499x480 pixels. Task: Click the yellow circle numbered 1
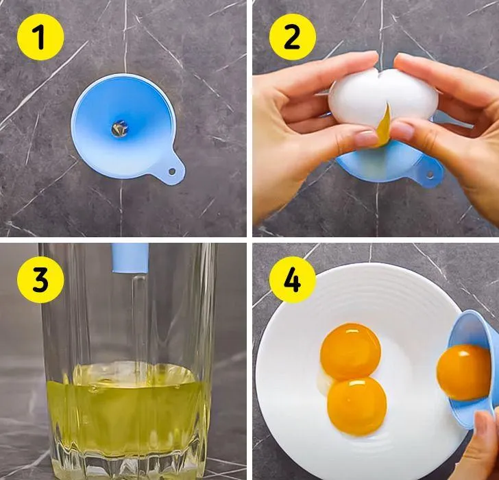pos(40,37)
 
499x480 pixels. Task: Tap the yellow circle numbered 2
pos(293,37)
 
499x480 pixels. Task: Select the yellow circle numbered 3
pos(40,280)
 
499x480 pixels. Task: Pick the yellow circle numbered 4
pos(293,280)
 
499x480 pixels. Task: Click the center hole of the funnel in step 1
pos(120,129)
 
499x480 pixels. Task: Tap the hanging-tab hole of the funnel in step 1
pos(172,171)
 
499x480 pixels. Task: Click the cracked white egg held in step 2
pos(383,97)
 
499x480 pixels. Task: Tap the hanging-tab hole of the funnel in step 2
pos(430,175)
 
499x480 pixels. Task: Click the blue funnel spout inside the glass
pos(130,258)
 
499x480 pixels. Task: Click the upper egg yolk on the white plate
pos(350,351)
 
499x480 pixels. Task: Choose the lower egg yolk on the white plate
pos(356,406)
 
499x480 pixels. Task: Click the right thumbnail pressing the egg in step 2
pos(402,130)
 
